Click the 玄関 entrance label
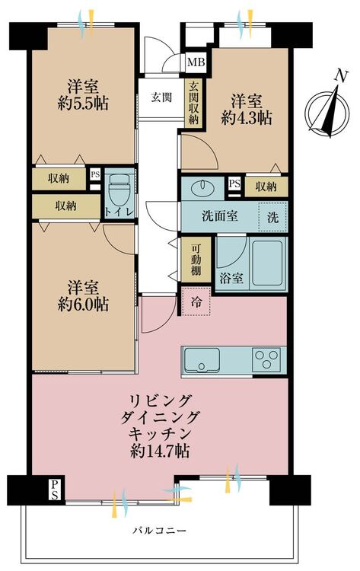click(161, 97)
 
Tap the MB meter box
click(196, 62)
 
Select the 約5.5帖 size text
click(83, 104)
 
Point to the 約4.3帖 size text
click(247, 118)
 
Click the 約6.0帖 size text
click(83, 305)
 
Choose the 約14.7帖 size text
click(160, 451)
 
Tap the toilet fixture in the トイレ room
click(119, 191)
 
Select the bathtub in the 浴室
click(267, 263)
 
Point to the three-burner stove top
click(266, 360)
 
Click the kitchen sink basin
click(202, 360)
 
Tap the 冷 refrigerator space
click(196, 301)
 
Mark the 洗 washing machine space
click(272, 217)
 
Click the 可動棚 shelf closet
click(196, 260)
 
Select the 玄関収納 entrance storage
click(193, 103)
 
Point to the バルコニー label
click(159, 530)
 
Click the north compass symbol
click(327, 111)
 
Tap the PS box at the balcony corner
click(54, 490)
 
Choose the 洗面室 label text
click(219, 216)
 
